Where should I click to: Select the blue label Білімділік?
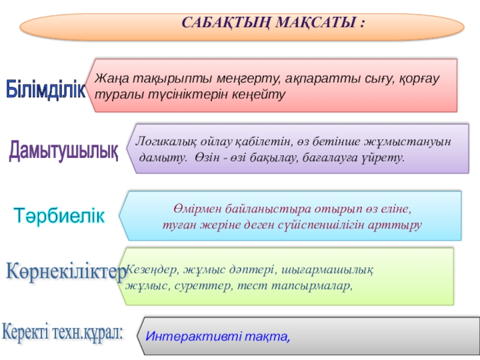click(46, 89)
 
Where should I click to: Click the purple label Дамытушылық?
click(64, 151)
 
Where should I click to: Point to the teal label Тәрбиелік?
click(59, 215)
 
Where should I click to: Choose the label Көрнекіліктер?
click(66, 272)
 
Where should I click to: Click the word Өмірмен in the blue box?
click(198, 209)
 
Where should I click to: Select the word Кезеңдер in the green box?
click(152, 269)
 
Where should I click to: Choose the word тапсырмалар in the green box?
click(312, 286)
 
